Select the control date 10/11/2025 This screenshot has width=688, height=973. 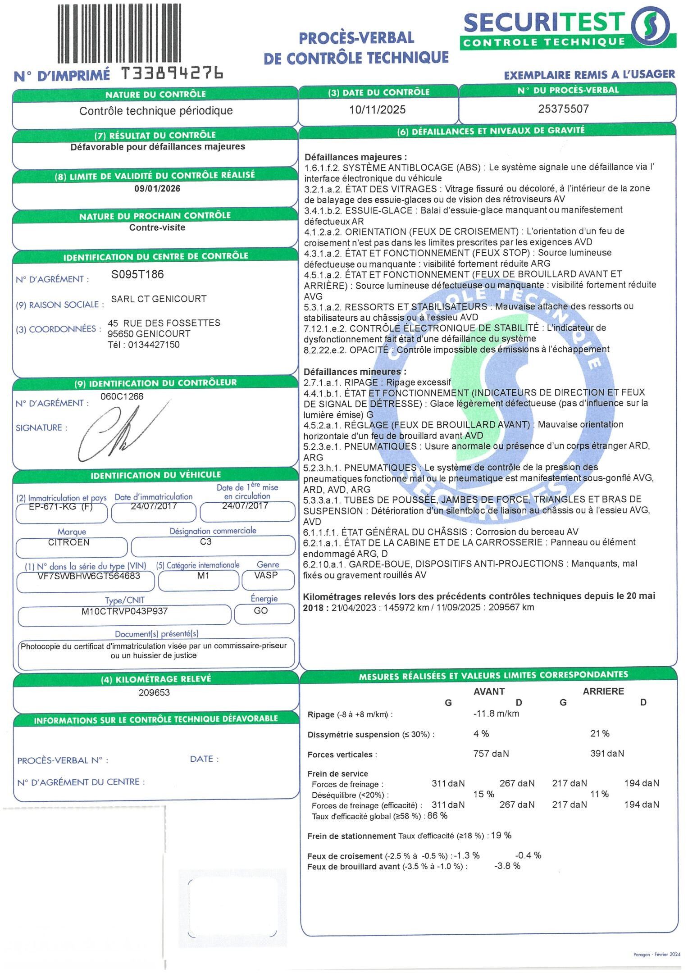coord(378,109)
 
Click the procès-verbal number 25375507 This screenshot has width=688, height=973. coord(563,109)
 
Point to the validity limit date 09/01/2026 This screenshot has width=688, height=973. coord(157,188)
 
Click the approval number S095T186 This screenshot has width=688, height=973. coord(137,274)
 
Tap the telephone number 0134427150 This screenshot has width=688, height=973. coord(154,345)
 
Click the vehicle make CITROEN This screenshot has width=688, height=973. coord(69,542)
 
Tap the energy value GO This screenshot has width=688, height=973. coord(261,610)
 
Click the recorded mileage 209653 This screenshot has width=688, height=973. coord(154,692)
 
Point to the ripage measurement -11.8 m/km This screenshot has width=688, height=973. coord(496,714)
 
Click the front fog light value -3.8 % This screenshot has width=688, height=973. coord(507,866)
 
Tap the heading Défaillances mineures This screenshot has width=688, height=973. coord(355,372)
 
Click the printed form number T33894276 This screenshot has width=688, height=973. coord(173,73)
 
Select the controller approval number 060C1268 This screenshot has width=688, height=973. coord(122,396)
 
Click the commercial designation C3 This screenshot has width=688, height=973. coord(205,541)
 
